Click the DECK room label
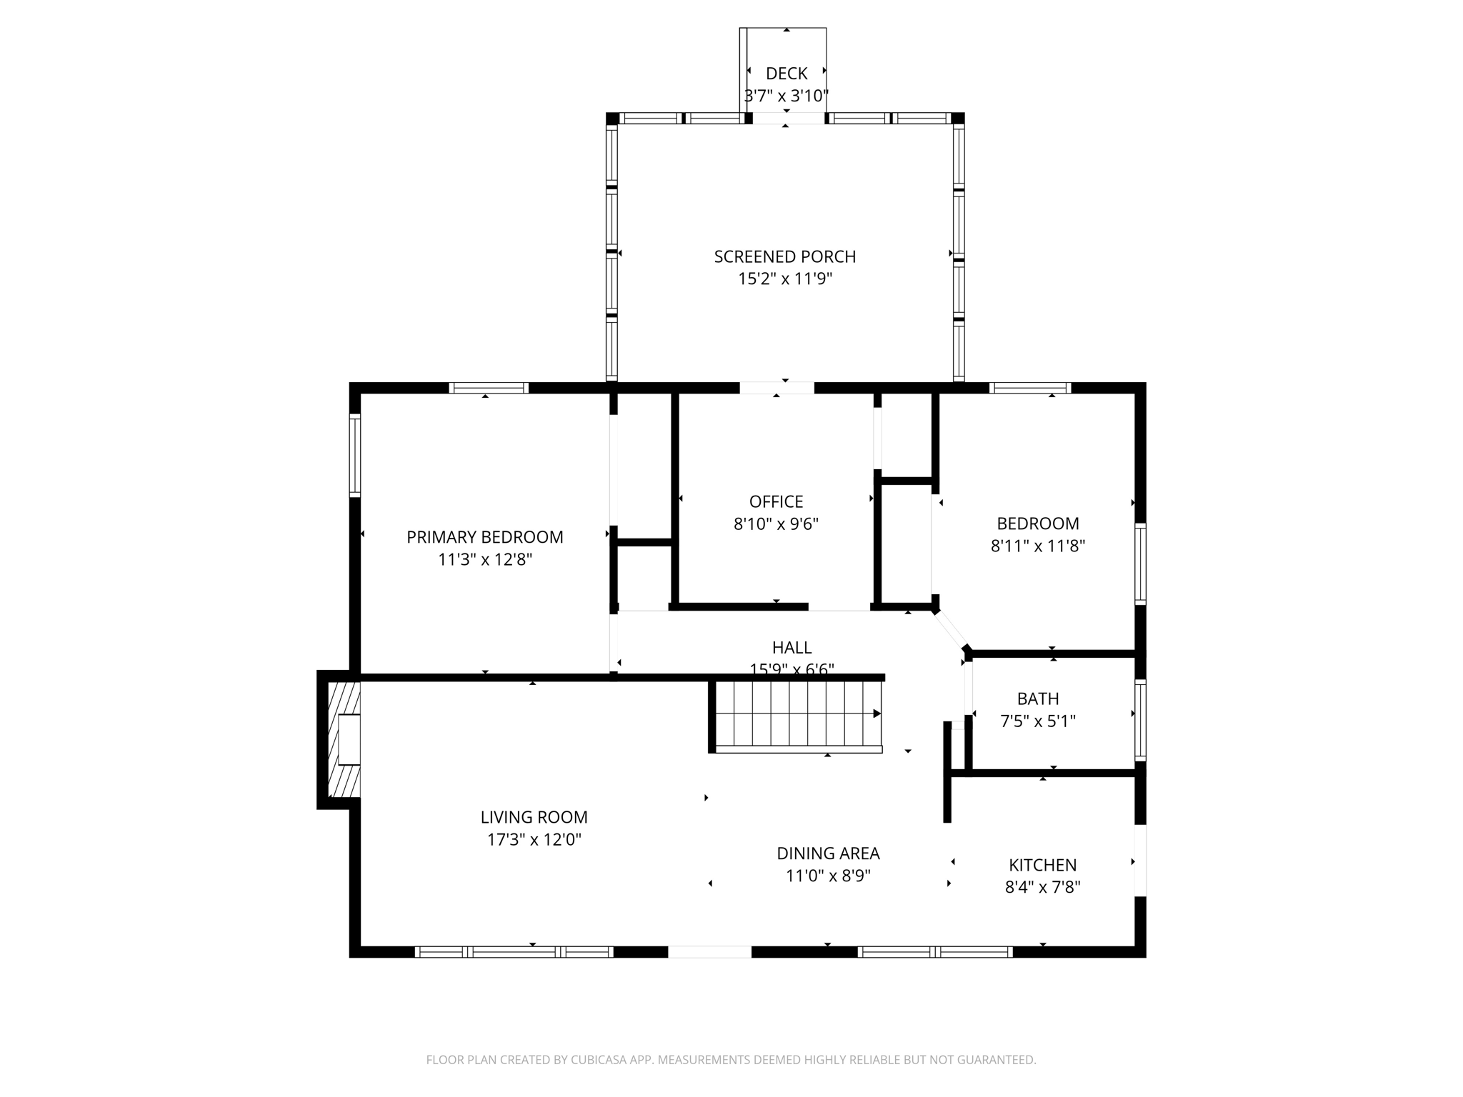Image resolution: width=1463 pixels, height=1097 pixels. coord(786,74)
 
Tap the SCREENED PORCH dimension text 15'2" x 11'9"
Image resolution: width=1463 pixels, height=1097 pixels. coord(785,279)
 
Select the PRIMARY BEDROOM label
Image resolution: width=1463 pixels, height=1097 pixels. coord(484,537)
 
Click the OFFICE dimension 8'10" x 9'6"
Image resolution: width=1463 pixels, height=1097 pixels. coord(776,524)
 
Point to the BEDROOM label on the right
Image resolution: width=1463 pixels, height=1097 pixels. coord(1037,524)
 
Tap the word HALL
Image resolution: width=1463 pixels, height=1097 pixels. coord(792,648)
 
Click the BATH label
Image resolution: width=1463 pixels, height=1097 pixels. coord(1037,698)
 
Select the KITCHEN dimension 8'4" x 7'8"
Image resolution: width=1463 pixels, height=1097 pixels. coord(1042,887)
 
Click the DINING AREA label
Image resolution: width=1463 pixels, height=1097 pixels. coord(828,853)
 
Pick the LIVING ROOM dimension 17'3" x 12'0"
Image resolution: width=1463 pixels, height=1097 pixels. coord(534,839)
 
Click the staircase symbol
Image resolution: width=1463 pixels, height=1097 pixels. coord(798,714)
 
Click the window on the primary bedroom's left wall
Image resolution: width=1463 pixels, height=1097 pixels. coord(354,455)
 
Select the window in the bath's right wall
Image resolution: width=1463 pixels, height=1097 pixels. coord(1140,719)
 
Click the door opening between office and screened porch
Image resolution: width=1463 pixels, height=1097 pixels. coord(777,388)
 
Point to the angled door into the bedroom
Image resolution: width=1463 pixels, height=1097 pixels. coord(950,629)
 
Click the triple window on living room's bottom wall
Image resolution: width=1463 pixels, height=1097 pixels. coord(514,951)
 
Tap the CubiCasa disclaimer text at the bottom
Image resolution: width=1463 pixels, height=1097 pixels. coord(731,1060)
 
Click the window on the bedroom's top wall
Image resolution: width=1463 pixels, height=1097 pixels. coord(1029,388)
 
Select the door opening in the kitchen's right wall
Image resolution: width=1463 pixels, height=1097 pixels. coord(1140,860)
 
